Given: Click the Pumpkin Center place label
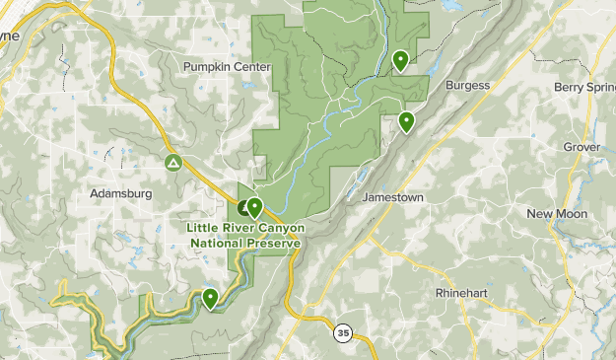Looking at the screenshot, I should click(x=226, y=67).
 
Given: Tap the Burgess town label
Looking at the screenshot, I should click(x=467, y=85).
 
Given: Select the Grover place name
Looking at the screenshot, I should click(x=582, y=147).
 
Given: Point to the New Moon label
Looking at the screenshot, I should click(x=557, y=214).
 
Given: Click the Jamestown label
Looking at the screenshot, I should click(x=393, y=197).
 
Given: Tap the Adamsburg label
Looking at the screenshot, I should click(x=120, y=193).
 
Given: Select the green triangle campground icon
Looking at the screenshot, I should click(x=173, y=162).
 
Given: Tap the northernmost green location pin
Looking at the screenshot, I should click(x=401, y=60).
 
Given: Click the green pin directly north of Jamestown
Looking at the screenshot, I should click(x=406, y=121).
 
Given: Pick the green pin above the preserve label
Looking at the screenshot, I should click(x=254, y=207).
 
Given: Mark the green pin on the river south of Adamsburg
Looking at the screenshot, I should click(x=210, y=297).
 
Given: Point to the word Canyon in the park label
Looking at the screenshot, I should click(x=278, y=228).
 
